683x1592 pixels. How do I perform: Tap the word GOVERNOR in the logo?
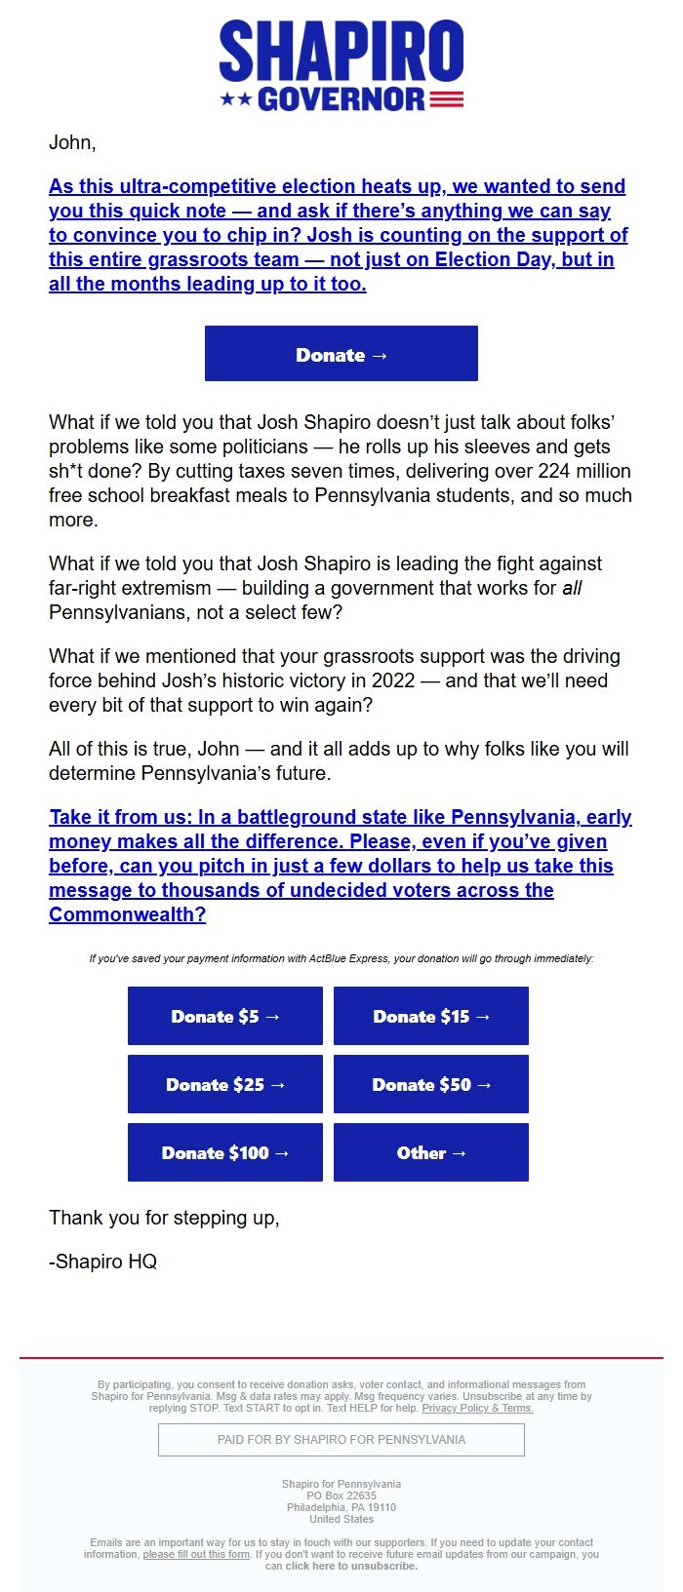coord(341,99)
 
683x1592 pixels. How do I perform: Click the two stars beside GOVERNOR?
coord(236,99)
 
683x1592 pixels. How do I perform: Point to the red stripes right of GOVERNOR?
coord(446,99)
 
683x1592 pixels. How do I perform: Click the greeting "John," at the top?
coord(72,142)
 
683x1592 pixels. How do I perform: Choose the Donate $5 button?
coord(225,1016)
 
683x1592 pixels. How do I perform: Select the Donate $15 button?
coord(431,1016)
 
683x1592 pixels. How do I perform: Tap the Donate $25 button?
coord(225,1084)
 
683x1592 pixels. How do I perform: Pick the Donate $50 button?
coord(431,1084)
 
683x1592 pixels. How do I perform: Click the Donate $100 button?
coord(225,1152)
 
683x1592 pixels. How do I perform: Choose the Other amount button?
coord(431,1152)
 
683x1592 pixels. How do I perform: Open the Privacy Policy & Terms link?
coord(477,1408)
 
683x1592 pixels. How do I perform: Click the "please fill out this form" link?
coord(196,1554)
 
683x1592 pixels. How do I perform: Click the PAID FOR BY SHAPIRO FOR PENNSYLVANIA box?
coord(341,1439)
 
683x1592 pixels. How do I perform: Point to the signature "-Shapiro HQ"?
coord(102,1262)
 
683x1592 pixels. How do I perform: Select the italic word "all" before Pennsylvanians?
coord(572,588)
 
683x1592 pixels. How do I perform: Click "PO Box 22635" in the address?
coord(341,1495)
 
